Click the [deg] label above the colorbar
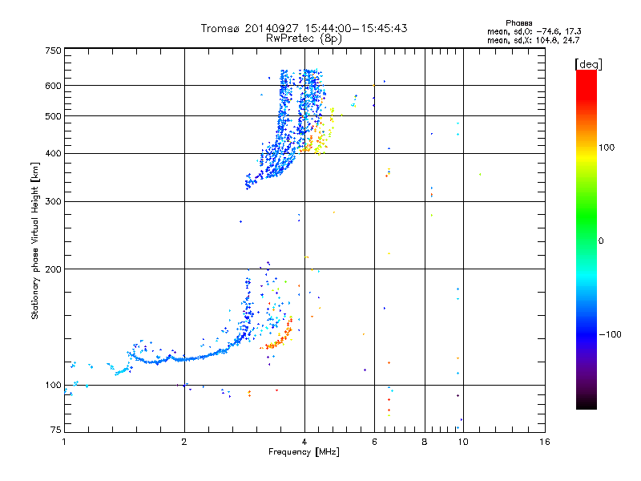click(x=587, y=63)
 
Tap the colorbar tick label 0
click(x=601, y=240)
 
